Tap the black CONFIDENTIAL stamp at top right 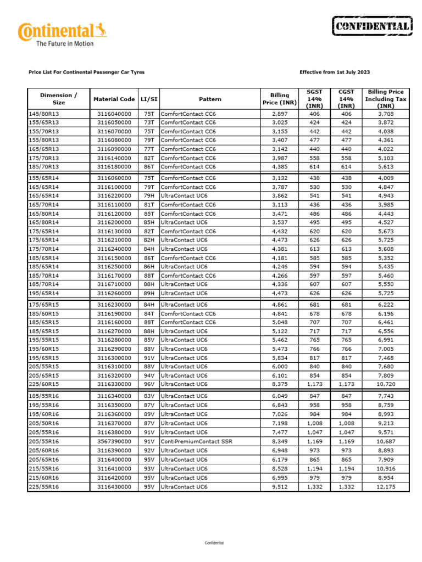tap(371, 26)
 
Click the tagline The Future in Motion tap(64, 44)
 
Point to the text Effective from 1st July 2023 tap(335, 72)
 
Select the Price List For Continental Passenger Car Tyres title tap(86, 72)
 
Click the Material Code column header tap(114, 99)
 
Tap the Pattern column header tap(210, 99)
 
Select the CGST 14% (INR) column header tap(346, 99)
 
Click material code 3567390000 tap(114, 442)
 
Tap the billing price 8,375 tap(280, 384)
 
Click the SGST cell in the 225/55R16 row tap(314, 487)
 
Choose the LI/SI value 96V tap(148, 384)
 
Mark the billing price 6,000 tap(280, 367)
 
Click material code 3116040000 tap(114, 114)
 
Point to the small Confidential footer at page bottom tap(214, 543)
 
